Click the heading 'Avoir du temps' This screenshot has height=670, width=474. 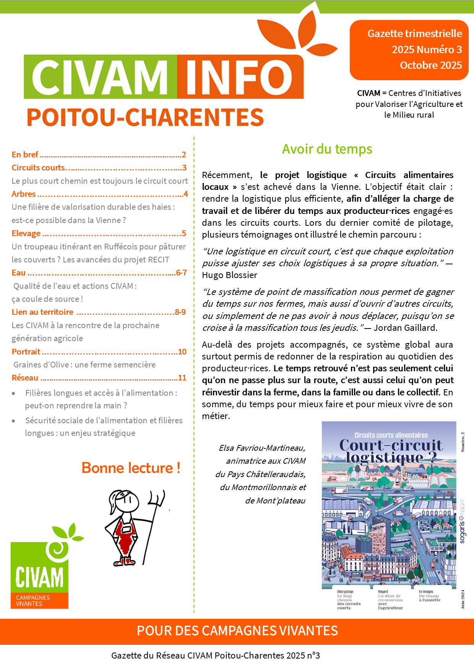(x=327, y=149)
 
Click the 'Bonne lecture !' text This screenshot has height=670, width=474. (x=131, y=468)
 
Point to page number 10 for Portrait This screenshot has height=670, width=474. (x=182, y=352)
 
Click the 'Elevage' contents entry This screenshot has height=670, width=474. (x=26, y=233)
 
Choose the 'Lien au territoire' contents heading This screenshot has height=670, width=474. (x=42, y=312)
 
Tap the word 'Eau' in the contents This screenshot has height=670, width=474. (x=18, y=273)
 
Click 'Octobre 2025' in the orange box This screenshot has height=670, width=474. (x=431, y=65)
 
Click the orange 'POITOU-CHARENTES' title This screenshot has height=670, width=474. (x=145, y=117)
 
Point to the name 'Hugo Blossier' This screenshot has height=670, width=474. (x=229, y=275)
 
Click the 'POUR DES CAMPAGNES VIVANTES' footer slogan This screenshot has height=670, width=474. (x=237, y=631)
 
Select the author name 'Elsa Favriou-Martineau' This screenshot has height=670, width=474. (x=262, y=448)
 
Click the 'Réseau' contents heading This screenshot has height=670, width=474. (x=25, y=378)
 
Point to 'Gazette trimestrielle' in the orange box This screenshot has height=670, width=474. (x=414, y=34)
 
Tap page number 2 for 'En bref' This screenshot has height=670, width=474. (x=184, y=155)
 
